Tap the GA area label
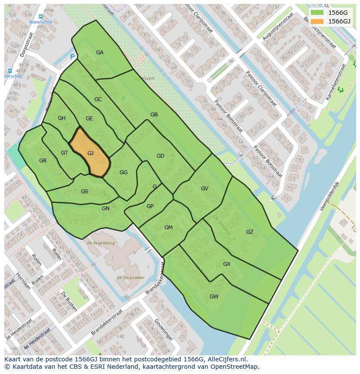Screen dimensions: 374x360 tap(100, 53)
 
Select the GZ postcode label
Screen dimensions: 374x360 tap(250, 232)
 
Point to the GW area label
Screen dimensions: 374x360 tap(214, 297)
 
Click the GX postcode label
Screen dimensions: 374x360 tap(227, 264)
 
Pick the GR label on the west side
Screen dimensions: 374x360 tap(43, 161)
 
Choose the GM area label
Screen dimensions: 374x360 tap(168, 228)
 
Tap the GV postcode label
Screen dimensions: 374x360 tap(204, 189)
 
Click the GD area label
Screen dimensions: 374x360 tap(160, 156)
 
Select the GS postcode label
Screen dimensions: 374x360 tap(84, 192)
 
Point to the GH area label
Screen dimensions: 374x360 tap(62, 118)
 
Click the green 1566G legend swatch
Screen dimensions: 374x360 tap(317, 12)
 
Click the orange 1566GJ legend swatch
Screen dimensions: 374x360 tap(317, 21)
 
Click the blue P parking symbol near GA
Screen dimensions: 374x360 tap(72, 57)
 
